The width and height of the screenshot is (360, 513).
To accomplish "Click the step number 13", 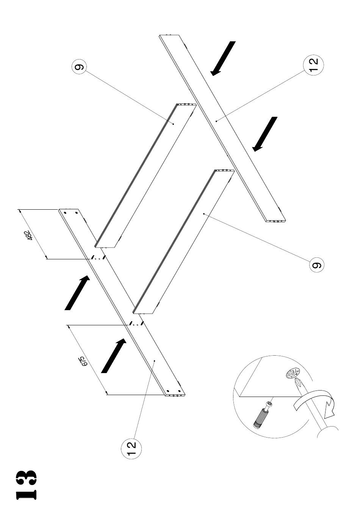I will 26,484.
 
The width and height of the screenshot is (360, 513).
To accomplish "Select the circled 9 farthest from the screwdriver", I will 79,67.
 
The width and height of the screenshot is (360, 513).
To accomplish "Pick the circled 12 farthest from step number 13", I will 314,64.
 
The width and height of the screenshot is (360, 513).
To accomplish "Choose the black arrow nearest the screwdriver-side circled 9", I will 265,134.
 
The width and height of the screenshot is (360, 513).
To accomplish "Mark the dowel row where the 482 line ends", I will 98,258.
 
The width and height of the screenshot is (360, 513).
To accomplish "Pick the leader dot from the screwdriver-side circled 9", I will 204,214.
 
